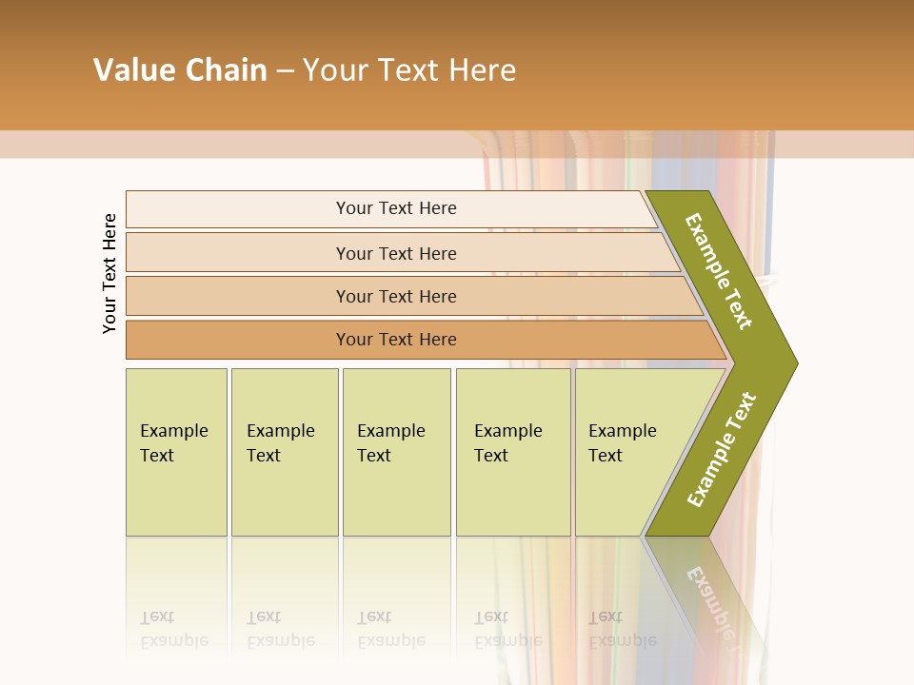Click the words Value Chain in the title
click(180, 70)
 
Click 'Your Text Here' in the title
click(409, 70)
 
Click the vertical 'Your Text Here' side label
click(109, 273)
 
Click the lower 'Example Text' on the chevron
click(722, 449)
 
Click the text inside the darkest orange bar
click(396, 340)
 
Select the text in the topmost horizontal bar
click(396, 208)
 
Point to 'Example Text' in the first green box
click(173, 442)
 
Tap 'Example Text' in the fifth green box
click(622, 442)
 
